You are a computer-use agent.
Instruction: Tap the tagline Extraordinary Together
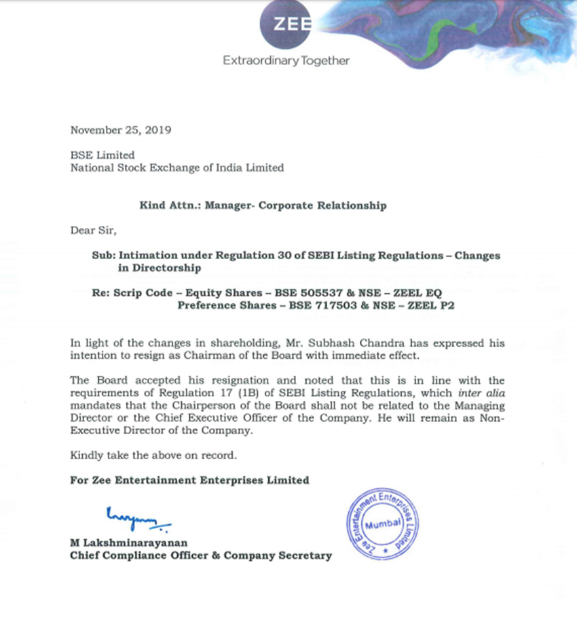(286, 61)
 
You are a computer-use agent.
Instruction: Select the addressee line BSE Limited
(103, 155)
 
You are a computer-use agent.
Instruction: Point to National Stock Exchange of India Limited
(177, 168)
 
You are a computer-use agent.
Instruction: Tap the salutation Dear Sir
(94, 230)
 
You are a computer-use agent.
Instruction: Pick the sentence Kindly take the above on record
(153, 455)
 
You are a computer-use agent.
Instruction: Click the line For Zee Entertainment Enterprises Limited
(189, 480)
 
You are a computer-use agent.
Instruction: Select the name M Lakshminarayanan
(129, 543)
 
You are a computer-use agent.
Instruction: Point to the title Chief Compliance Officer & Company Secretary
(201, 555)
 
